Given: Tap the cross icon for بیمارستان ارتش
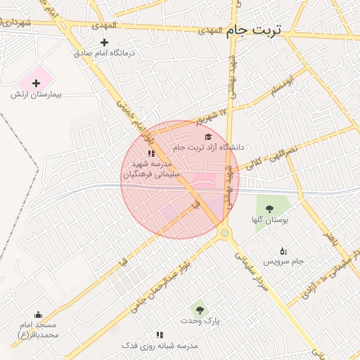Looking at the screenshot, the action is [x=37, y=83].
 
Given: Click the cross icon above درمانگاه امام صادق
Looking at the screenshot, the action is [x=104, y=42].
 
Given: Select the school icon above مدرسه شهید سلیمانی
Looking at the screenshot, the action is [x=150, y=153].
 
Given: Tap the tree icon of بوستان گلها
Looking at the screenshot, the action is [x=269, y=207].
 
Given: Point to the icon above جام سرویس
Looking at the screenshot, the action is [x=283, y=251].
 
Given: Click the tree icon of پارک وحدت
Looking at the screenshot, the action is [x=200, y=309].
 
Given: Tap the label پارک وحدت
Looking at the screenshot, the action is [x=203, y=321].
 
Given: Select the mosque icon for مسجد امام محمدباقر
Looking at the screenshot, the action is [x=38, y=314].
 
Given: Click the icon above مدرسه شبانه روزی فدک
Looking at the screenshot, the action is [x=160, y=335].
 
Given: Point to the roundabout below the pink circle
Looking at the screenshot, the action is [x=224, y=232].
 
